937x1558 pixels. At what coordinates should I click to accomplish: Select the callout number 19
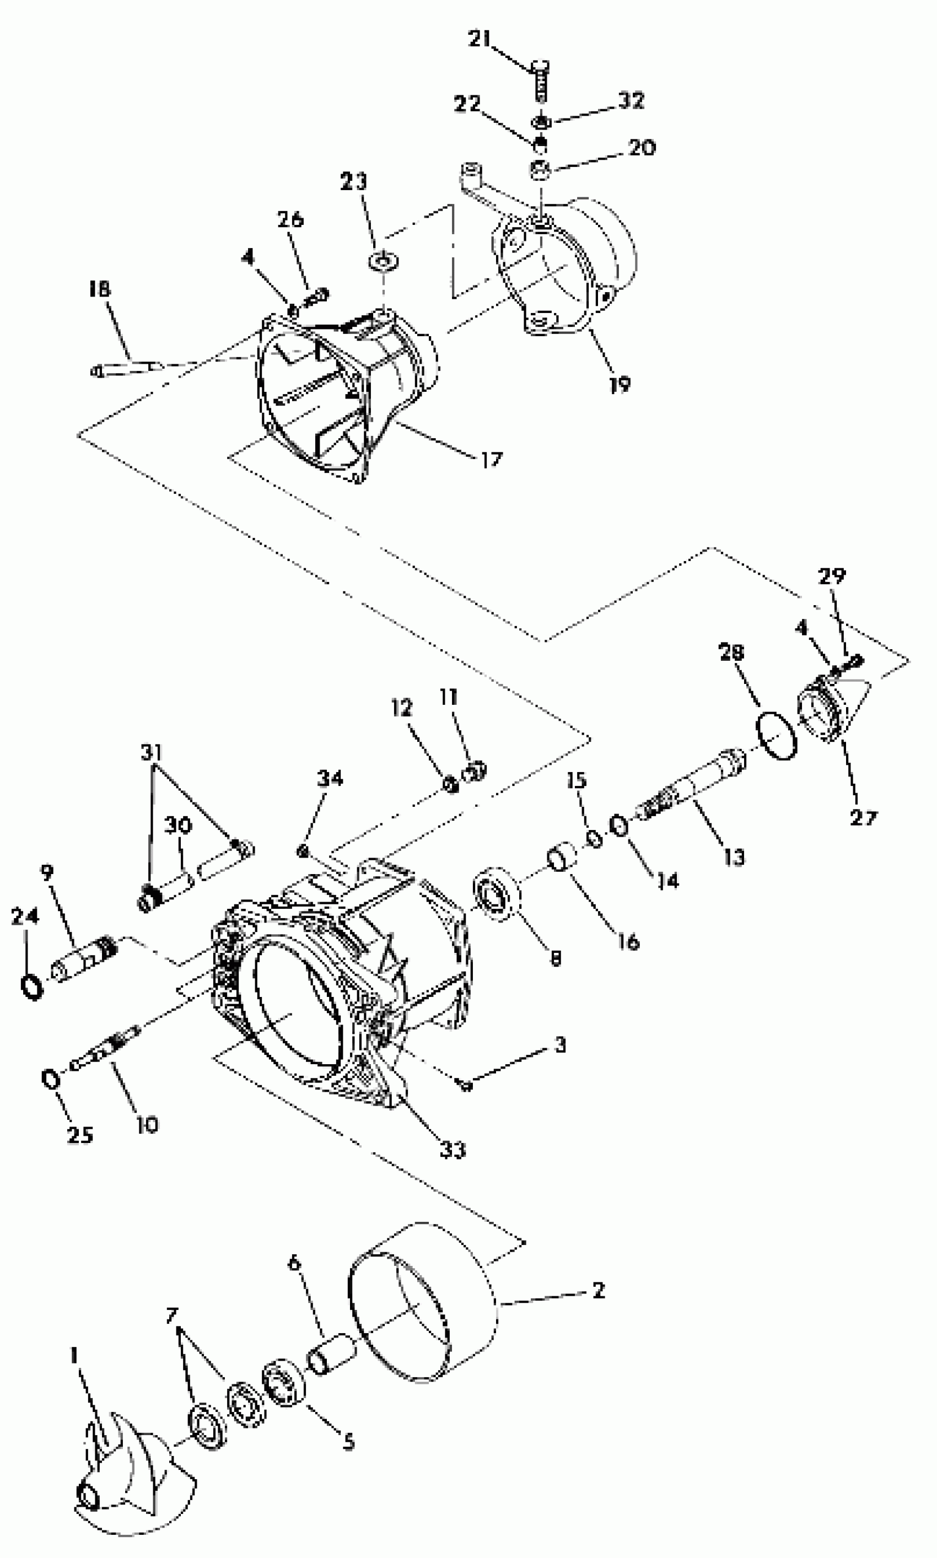[620, 384]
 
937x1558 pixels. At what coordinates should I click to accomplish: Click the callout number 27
[863, 818]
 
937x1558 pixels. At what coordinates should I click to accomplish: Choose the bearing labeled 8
[496, 894]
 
